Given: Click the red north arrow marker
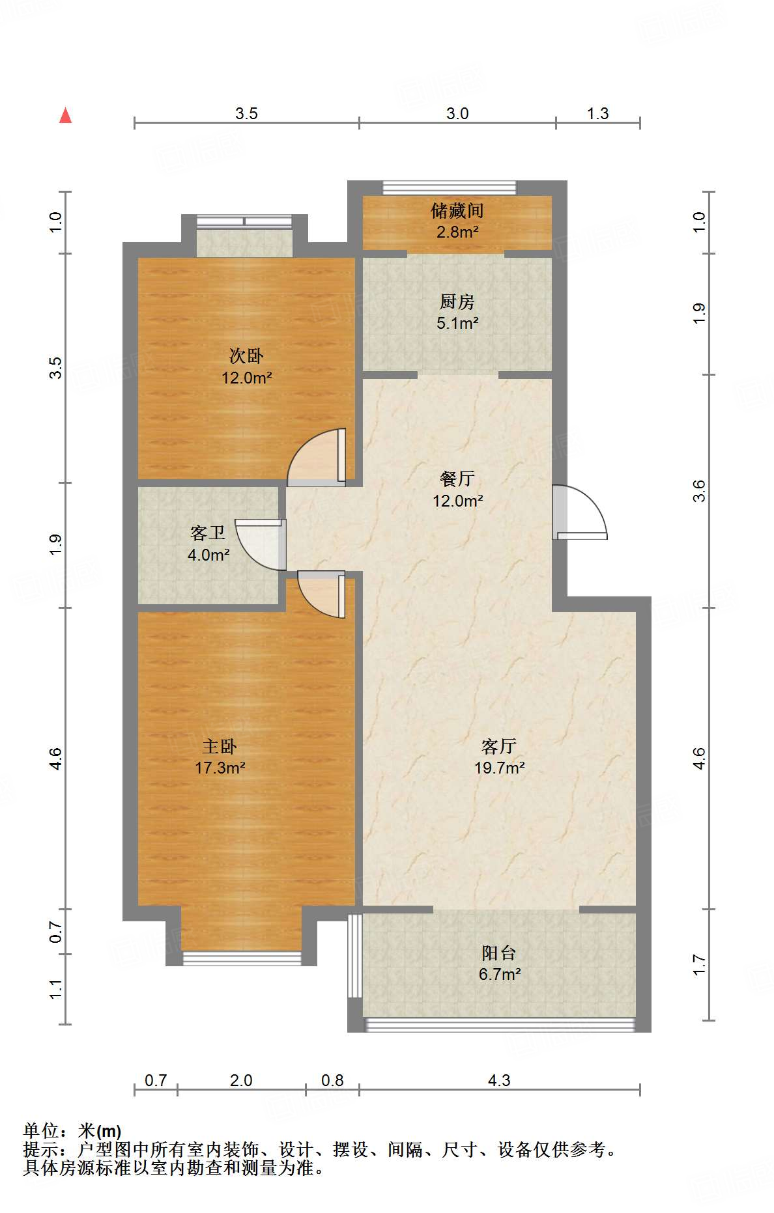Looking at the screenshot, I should coord(65,115).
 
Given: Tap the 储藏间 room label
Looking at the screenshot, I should coord(457,220).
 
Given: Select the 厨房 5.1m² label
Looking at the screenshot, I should coord(457,312).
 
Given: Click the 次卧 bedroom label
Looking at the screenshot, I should coord(246,366).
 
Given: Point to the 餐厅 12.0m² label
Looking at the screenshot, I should coord(457,490).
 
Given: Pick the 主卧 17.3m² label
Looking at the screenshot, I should coord(220,757).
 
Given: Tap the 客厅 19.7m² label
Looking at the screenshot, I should coord(499,757).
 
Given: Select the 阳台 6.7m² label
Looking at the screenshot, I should coord(499,964).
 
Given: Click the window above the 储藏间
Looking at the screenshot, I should coord(450,188).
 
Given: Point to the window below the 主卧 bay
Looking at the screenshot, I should coord(242,958).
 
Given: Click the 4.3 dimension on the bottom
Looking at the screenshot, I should coord(499,1081).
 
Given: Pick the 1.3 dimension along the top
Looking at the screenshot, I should coord(597,114).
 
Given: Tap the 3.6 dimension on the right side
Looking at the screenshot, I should coord(699,490).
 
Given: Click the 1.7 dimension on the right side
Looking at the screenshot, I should coord(699,964).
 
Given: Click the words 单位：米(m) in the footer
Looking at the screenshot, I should coord(72,1131).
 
